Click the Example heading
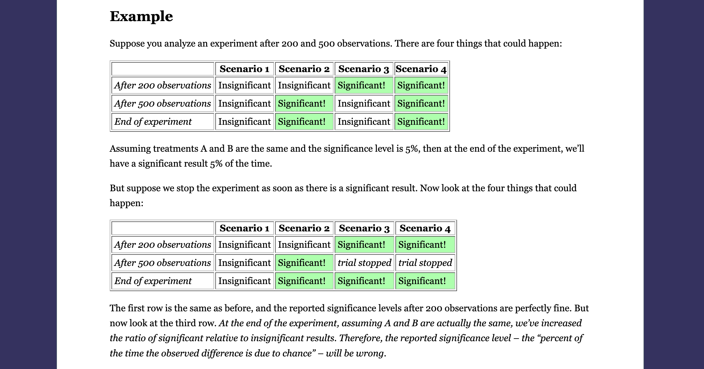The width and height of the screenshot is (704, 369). (x=141, y=16)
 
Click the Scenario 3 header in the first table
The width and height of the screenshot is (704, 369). (x=364, y=69)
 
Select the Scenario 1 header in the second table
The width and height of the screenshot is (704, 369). (x=244, y=228)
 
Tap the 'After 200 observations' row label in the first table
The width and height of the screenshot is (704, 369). (x=163, y=85)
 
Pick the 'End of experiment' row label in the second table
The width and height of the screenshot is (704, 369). (x=163, y=281)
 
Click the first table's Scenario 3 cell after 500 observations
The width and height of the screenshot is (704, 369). (x=364, y=103)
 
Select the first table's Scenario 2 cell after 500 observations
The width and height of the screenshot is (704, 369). (x=304, y=103)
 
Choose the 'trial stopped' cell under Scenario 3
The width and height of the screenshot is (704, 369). (x=364, y=263)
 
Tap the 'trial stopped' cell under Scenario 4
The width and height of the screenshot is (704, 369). (x=425, y=263)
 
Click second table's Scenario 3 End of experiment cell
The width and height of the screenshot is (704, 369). (x=364, y=281)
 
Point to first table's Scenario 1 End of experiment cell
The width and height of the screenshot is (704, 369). (x=244, y=122)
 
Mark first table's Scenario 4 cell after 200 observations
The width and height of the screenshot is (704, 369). (x=421, y=85)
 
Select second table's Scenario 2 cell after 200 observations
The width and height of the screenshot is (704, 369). (x=304, y=245)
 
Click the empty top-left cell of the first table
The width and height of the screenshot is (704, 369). (x=163, y=69)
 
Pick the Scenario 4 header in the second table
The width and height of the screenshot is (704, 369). (x=425, y=228)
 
